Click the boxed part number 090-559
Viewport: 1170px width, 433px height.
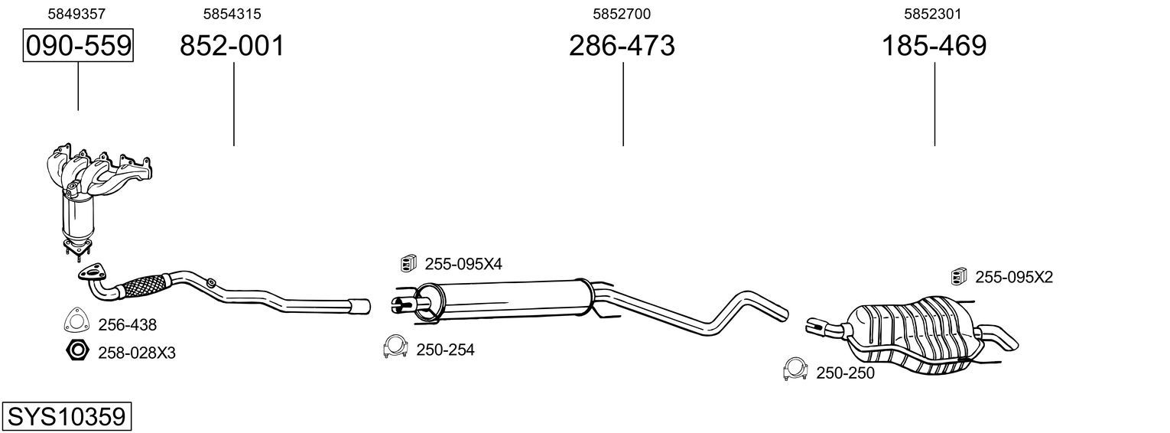pyautogui.click(x=78, y=45)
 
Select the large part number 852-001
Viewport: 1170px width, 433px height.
pyautogui.click(x=232, y=45)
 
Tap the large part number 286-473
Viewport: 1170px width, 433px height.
pyautogui.click(x=622, y=45)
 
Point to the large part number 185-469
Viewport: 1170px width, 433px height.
pyautogui.click(x=934, y=45)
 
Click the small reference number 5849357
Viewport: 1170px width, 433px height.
pyautogui.click(x=76, y=14)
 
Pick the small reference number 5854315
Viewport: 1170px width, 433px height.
pyautogui.click(x=232, y=14)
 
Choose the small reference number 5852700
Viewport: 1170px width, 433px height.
pyautogui.click(x=622, y=14)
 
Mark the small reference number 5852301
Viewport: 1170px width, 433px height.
pyautogui.click(x=933, y=14)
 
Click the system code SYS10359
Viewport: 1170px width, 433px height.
pyautogui.click(x=67, y=417)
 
